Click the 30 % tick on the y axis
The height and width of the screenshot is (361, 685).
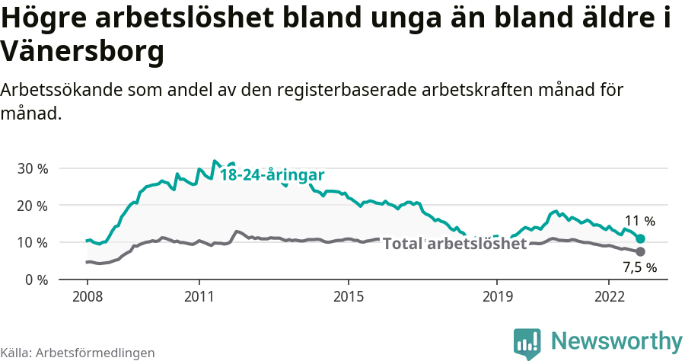pos(33,168)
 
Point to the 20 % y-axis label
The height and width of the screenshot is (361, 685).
pos(33,206)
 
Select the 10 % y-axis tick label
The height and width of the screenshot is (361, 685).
pos(33,243)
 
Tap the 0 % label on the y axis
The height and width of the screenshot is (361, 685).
pos(37,280)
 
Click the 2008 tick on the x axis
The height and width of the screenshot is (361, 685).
pos(88,296)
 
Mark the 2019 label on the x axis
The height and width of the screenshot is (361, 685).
pos(496,296)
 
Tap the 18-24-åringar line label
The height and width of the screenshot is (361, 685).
pos(272,175)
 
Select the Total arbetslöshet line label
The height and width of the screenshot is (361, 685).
pos(454,244)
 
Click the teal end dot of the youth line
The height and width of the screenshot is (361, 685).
pos(640,239)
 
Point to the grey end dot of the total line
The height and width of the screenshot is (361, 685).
pos(640,251)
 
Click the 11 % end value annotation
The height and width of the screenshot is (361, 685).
pos(639,222)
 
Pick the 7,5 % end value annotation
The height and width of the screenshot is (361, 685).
pos(639,267)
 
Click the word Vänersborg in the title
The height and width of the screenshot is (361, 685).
pos(82,52)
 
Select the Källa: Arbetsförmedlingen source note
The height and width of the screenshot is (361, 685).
pos(78,353)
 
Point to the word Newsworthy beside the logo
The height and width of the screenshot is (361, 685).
pos(616,340)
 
